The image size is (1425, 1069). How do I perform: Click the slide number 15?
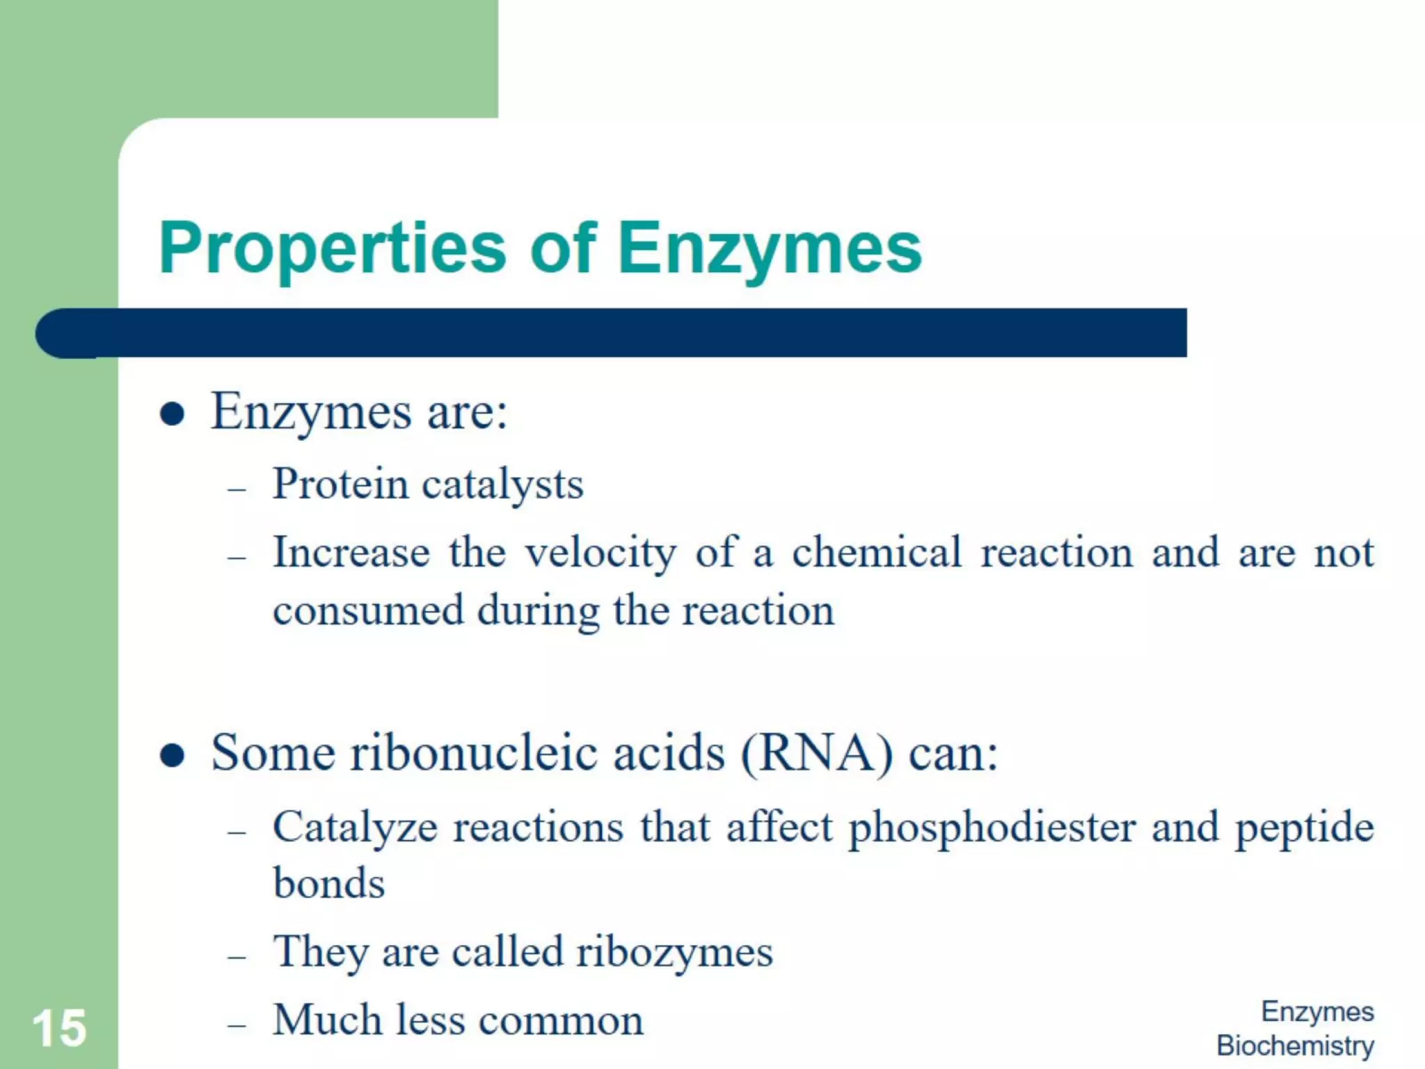tap(59, 1028)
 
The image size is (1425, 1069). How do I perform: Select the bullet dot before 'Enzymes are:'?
tap(172, 415)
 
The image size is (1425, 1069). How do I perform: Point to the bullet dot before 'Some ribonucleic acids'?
tap(172, 755)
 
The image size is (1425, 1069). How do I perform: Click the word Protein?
tap(340, 484)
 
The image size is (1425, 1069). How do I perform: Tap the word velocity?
tap(600, 554)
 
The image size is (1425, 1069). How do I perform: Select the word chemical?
tap(877, 553)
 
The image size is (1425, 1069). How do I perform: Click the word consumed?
tap(368, 611)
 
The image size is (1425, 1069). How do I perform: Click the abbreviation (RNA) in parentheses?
tap(817, 754)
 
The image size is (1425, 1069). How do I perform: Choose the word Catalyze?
tap(355, 828)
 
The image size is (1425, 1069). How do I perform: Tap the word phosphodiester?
tap(992, 828)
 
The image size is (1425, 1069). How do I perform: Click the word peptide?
tap(1305, 828)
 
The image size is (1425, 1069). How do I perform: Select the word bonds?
tap(329, 884)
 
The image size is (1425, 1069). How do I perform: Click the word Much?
tap(327, 1020)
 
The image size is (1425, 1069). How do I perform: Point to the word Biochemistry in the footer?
tap(1295, 1045)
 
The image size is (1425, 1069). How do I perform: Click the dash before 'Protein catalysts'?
tap(237, 489)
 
